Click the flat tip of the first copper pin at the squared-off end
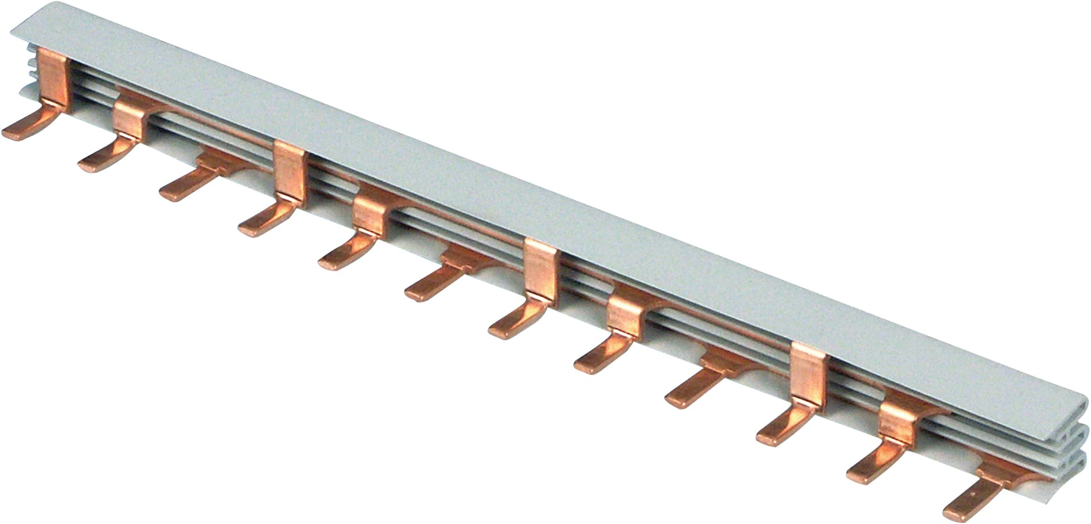[14, 133]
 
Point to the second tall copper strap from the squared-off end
[290, 170]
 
